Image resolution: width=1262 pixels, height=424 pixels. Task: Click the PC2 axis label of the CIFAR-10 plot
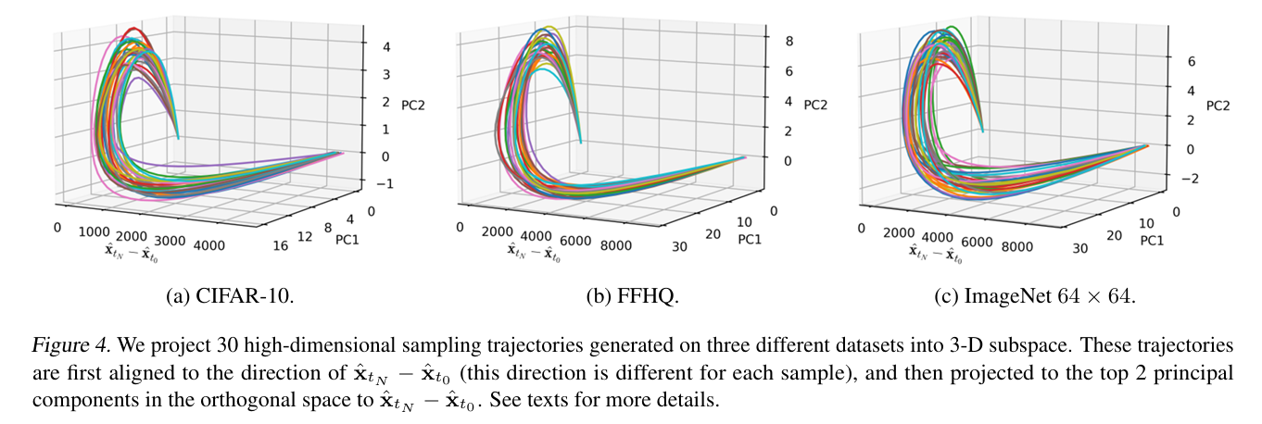click(414, 105)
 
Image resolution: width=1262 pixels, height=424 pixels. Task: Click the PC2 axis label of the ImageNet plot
click(1218, 104)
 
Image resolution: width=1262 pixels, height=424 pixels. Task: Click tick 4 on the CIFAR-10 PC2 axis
click(386, 46)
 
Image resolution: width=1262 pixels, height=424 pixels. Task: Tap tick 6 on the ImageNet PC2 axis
click(1193, 61)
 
